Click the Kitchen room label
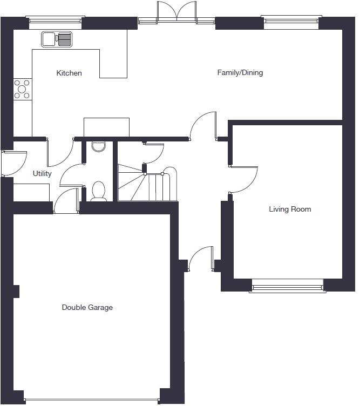(x=69, y=73)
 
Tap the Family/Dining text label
(x=240, y=72)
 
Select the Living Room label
(x=290, y=209)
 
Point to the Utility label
(x=42, y=173)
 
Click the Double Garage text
(x=87, y=307)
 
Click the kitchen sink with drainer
(x=57, y=39)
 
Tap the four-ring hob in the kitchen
(x=23, y=90)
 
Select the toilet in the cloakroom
(x=98, y=192)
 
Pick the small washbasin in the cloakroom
(x=98, y=146)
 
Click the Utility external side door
(x=13, y=163)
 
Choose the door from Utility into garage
(x=66, y=201)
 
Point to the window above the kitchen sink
(x=55, y=22)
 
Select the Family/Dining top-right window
(x=291, y=22)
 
